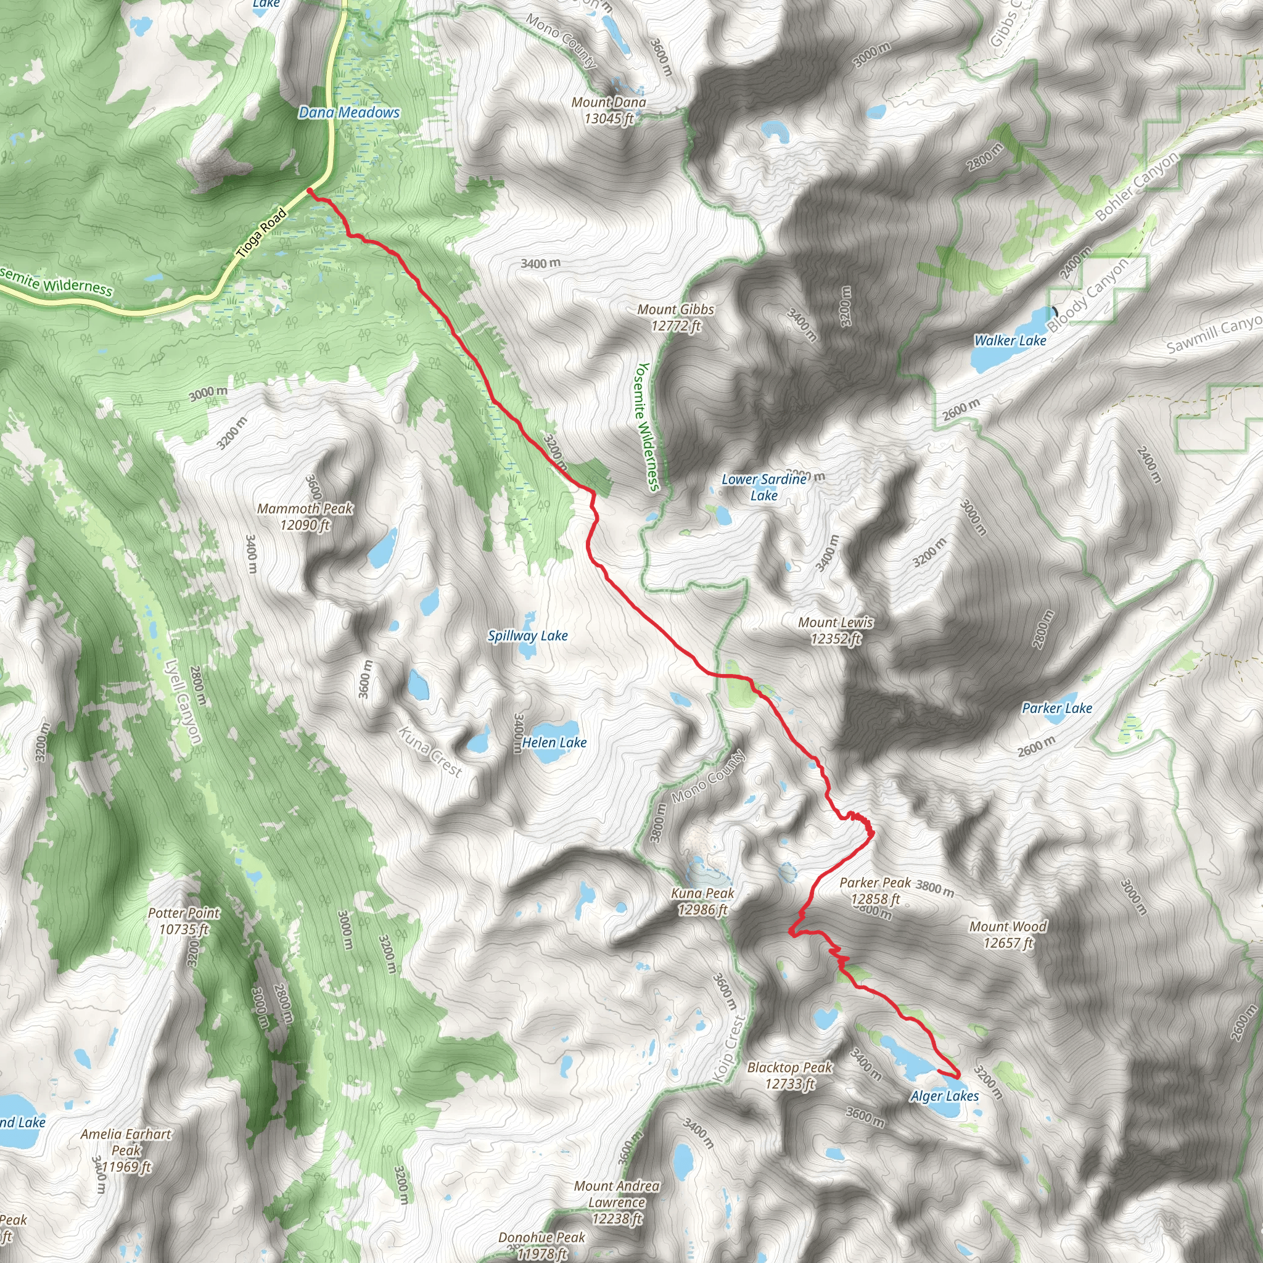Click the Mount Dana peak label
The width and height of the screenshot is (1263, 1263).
click(609, 110)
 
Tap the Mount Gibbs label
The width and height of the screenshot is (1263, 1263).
click(676, 317)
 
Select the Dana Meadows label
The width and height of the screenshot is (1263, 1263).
click(349, 112)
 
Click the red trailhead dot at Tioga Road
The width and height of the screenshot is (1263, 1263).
click(310, 191)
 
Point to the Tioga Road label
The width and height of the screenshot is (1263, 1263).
click(261, 231)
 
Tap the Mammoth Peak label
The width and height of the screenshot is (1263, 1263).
click(305, 516)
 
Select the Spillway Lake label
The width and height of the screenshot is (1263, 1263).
click(527, 635)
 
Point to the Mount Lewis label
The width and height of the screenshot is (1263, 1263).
click(836, 630)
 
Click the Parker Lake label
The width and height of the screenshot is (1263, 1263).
click(1056, 708)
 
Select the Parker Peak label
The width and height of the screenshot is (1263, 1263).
click(875, 891)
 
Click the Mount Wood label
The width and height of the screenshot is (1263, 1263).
click(1008, 934)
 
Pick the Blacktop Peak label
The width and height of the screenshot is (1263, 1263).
click(790, 1076)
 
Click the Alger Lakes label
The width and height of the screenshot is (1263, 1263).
click(945, 1096)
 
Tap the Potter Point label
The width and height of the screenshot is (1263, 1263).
click(184, 921)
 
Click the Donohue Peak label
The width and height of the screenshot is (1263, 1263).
click(542, 1244)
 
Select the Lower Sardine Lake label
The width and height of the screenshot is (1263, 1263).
click(763, 487)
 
